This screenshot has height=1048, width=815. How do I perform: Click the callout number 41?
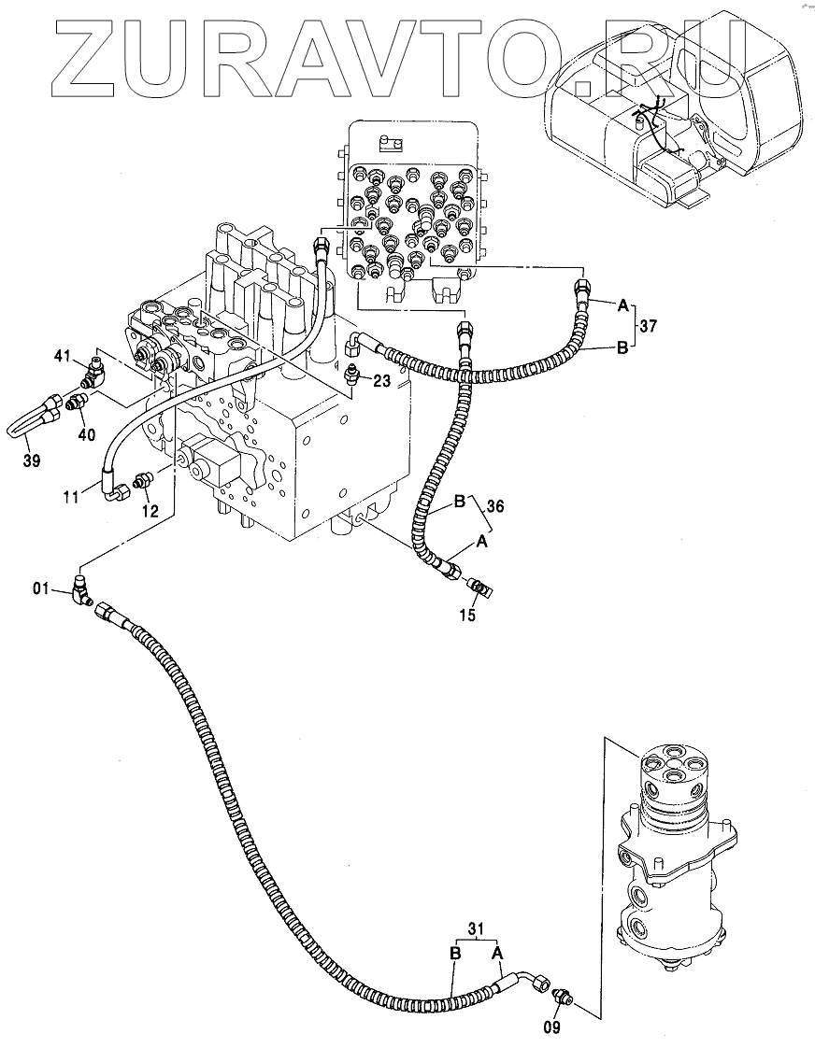click(x=62, y=355)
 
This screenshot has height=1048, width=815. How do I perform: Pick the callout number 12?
click(x=150, y=511)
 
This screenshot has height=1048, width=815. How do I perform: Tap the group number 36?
click(x=495, y=506)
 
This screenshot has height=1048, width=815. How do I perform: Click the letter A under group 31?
click(x=498, y=953)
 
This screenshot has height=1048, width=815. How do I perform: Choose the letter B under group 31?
click(x=455, y=953)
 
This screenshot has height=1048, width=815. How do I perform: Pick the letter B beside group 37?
click(x=622, y=349)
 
